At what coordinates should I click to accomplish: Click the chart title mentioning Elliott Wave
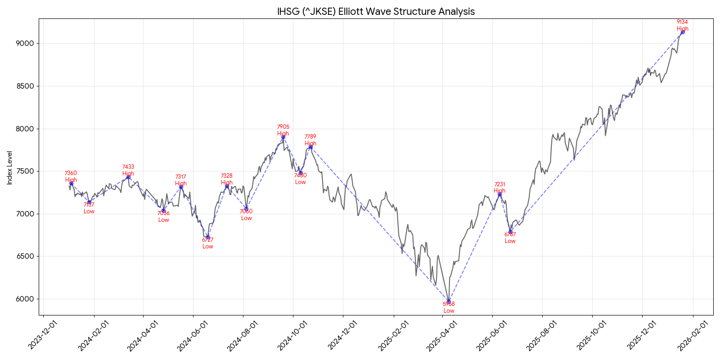point(376,11)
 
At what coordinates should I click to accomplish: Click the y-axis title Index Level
point(9,167)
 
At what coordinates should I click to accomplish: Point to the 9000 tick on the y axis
point(25,44)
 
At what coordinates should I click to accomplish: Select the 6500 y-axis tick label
point(25,256)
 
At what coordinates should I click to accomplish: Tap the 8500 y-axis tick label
point(25,86)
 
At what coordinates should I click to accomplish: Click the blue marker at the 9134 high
point(683,32)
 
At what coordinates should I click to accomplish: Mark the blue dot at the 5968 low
point(449,301)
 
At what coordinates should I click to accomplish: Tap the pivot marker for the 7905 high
point(283,137)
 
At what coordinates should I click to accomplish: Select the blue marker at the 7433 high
point(128,177)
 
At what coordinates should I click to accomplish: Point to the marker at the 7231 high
point(499,194)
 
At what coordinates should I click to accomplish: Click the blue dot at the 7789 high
point(310,147)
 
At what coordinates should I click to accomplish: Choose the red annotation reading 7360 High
point(71,176)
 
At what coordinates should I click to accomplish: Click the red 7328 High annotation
point(226,179)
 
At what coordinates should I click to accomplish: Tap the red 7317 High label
point(180,180)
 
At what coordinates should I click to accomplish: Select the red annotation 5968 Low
point(449,307)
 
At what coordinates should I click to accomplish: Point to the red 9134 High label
point(682,25)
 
